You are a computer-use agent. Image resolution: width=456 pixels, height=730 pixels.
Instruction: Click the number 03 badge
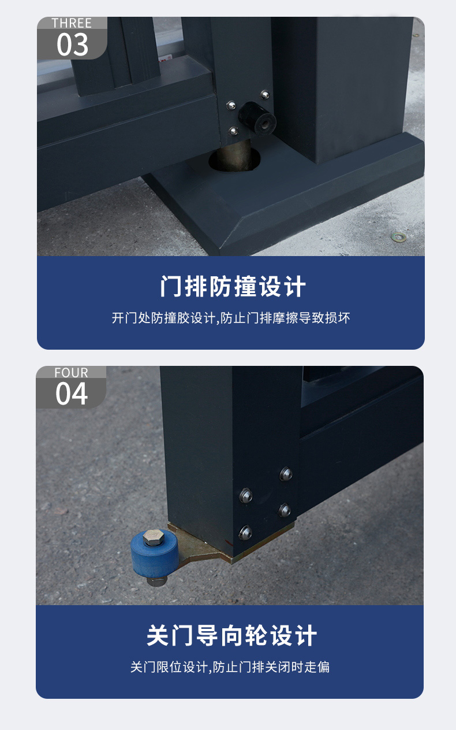[x=72, y=45]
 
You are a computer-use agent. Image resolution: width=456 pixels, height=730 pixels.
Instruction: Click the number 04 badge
[x=72, y=394]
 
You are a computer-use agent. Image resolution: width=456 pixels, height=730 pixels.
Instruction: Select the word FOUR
[x=71, y=373]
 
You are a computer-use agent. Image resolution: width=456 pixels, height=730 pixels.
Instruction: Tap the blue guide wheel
[x=154, y=553]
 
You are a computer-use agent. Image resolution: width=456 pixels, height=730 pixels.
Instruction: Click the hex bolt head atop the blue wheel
[x=154, y=537]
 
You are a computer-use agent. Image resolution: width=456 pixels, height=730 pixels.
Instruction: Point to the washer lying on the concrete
[x=398, y=237]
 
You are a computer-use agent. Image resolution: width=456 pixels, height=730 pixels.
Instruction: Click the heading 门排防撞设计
[x=233, y=286]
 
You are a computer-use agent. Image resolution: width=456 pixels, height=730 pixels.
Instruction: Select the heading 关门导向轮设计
[x=231, y=635]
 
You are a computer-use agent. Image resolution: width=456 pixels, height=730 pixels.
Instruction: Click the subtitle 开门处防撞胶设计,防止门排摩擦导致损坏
[x=231, y=318]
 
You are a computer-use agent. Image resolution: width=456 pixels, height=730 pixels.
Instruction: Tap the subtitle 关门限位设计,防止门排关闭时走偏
[x=230, y=667]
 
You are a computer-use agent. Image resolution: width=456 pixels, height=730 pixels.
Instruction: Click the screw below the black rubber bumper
[x=233, y=131]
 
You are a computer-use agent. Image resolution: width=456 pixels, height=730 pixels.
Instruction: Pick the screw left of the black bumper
[x=231, y=106]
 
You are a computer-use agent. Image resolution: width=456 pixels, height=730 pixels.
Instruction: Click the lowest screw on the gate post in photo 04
[x=245, y=532]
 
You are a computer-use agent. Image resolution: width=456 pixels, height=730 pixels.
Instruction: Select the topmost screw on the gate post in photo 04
[x=286, y=474]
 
